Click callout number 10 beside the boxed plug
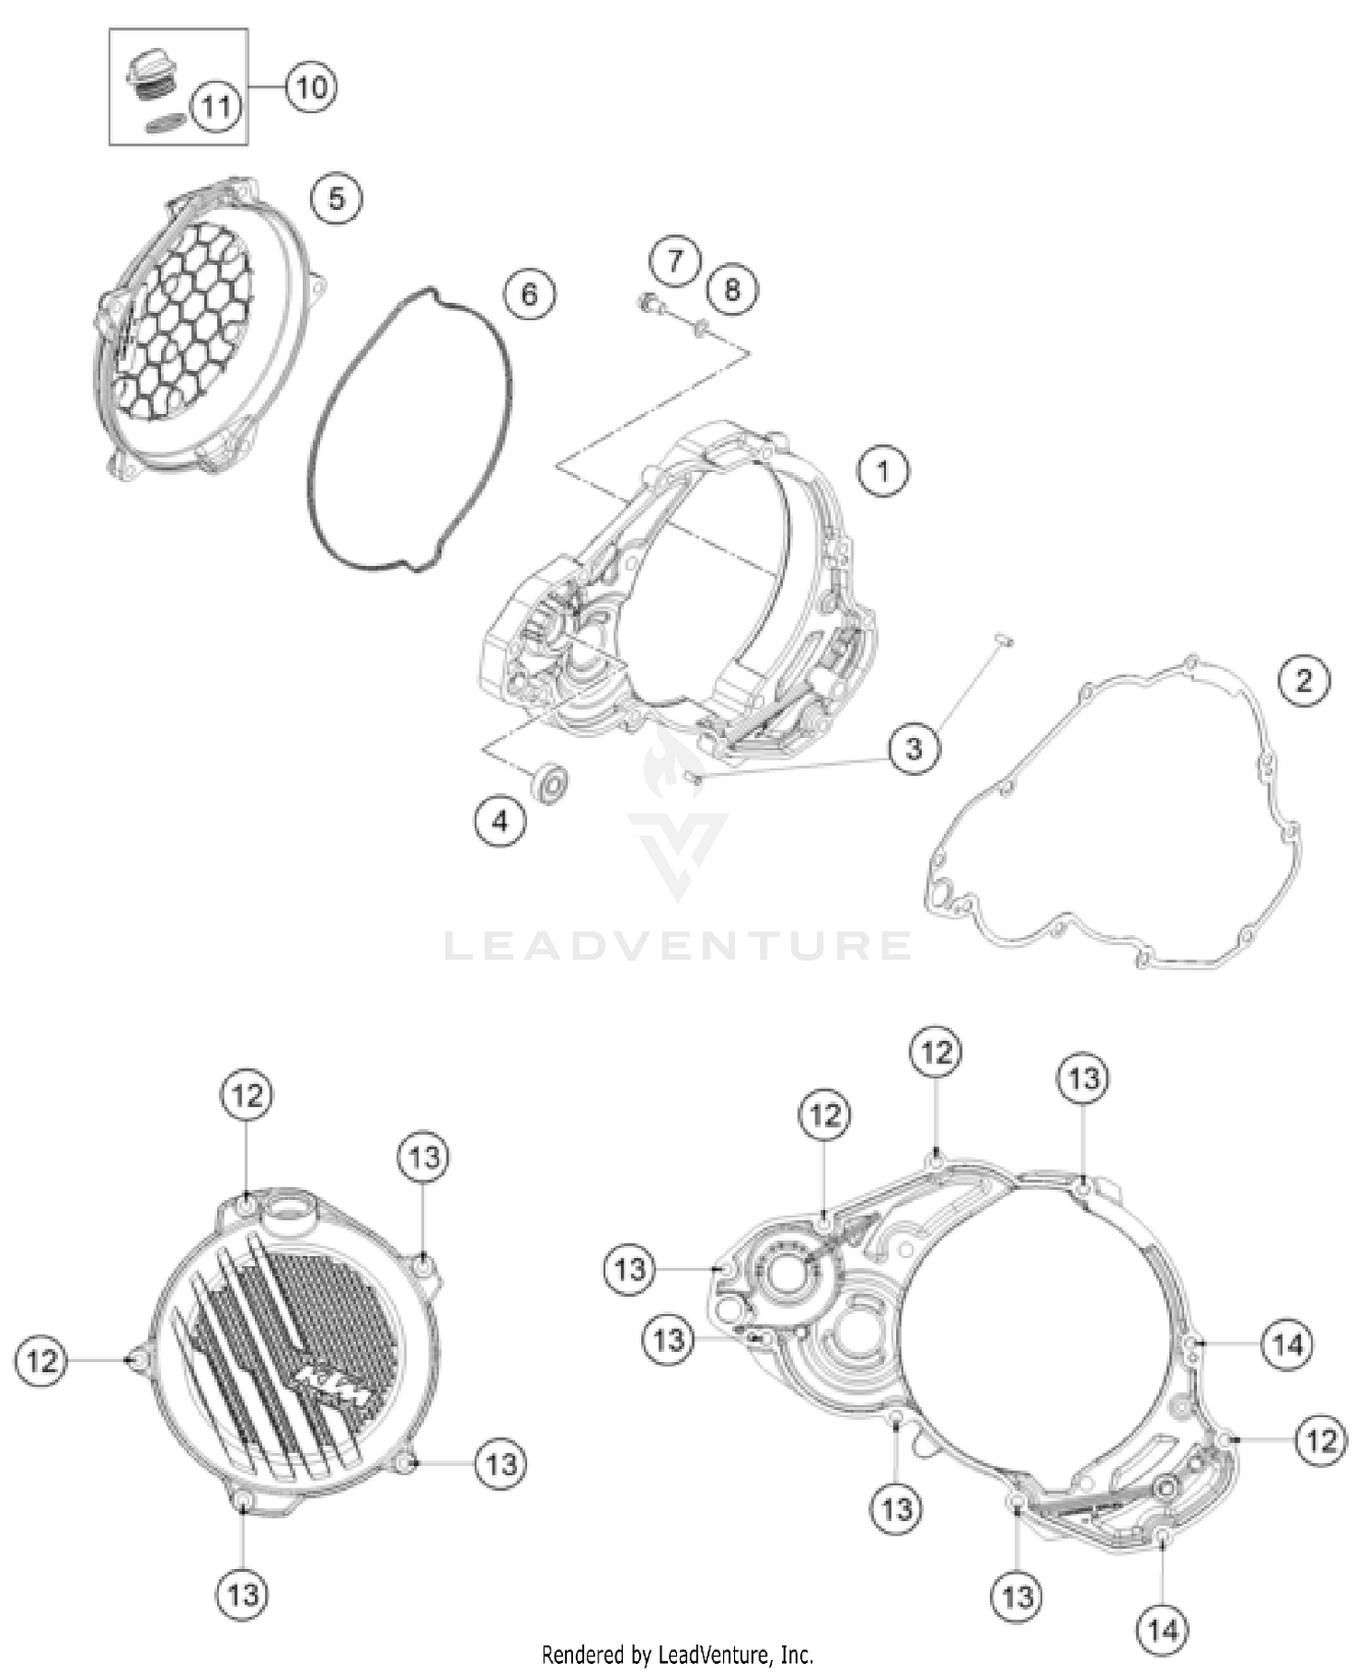coord(311,88)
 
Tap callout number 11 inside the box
coord(216,107)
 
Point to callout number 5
coord(336,198)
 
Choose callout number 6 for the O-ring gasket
coord(530,293)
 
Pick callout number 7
coord(674,260)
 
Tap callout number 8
coord(731,288)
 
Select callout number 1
coord(883,470)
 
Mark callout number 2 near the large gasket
coord(1304,679)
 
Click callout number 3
coord(914,748)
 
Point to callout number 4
coord(500,820)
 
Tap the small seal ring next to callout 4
coord(550,782)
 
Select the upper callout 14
coord(1287,1345)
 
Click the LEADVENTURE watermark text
coord(678,946)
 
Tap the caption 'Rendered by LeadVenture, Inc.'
coord(677,1655)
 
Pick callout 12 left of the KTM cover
coord(42,1360)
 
